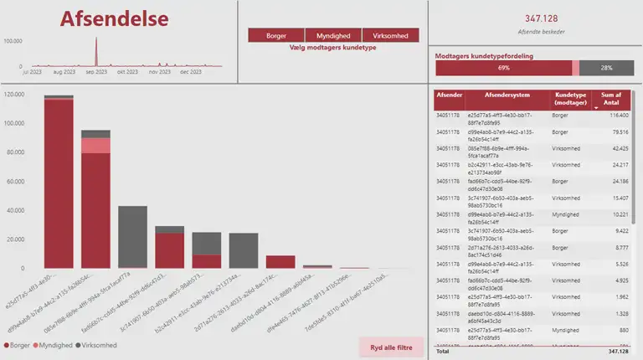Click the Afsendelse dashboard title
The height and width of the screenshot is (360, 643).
click(114, 19)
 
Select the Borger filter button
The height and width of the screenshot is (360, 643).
click(276, 36)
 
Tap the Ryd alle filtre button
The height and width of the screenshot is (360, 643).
click(391, 347)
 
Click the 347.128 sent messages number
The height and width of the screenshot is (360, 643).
click(541, 18)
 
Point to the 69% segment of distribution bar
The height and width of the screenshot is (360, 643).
click(503, 68)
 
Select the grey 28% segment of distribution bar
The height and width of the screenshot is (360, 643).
click(605, 68)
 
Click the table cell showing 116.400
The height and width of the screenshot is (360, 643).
click(618, 116)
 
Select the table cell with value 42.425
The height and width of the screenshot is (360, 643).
click(618, 148)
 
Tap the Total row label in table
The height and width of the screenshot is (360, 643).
click(444, 352)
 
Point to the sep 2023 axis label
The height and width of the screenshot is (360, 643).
click(95, 72)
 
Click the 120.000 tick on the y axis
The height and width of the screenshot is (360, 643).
click(13, 95)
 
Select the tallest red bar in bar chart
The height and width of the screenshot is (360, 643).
click(59, 184)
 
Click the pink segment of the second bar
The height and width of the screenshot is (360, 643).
click(95, 146)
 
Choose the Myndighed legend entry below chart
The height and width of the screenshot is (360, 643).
click(56, 345)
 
